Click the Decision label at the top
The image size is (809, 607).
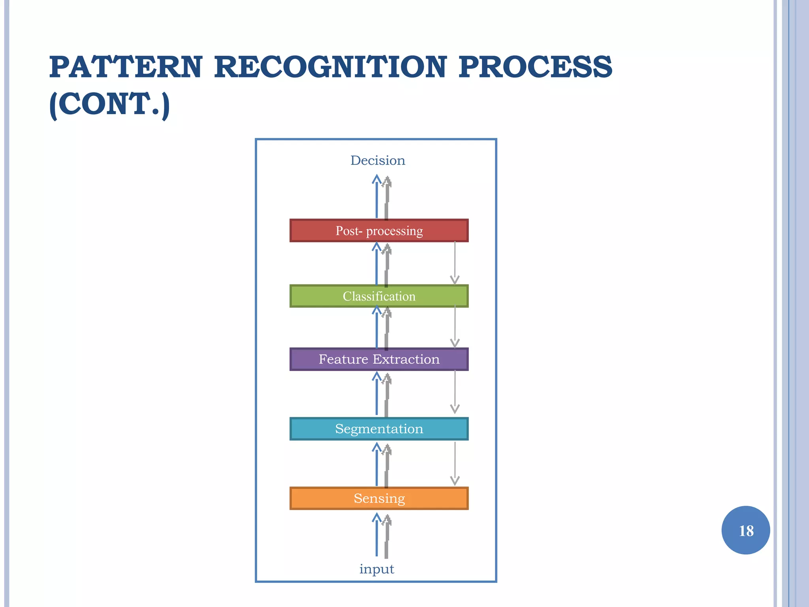click(378, 160)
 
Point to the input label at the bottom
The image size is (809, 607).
click(376, 569)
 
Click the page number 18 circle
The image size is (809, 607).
click(745, 530)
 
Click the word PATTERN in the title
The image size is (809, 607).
click(126, 67)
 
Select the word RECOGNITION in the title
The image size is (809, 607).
click(330, 67)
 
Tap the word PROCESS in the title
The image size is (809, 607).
click(535, 67)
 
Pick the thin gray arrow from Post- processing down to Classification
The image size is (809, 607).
click(455, 263)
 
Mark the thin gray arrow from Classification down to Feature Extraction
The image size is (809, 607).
click(455, 326)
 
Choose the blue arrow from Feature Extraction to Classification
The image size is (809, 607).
click(376, 328)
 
